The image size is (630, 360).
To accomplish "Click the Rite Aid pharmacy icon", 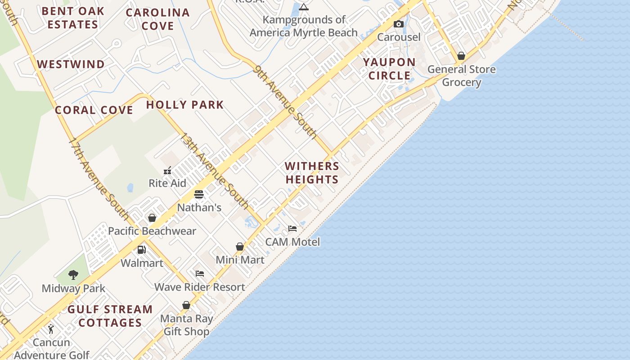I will (x=167, y=171).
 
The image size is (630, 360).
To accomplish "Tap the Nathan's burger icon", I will (x=199, y=194).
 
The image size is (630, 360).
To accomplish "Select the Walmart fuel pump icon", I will (x=142, y=250).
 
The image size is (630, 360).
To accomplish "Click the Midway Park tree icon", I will (x=73, y=274).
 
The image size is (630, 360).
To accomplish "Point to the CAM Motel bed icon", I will (x=292, y=229).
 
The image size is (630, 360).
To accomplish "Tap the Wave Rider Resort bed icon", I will (x=200, y=274).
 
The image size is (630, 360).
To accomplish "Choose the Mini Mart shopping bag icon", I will (x=240, y=247).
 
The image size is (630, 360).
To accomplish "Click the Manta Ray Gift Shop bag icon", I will (x=186, y=305).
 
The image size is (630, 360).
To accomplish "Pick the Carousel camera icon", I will (x=398, y=24).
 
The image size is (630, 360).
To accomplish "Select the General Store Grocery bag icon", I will (x=461, y=56).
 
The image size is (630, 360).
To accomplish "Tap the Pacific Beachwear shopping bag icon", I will (x=152, y=218).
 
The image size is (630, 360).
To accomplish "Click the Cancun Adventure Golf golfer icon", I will (x=51, y=329).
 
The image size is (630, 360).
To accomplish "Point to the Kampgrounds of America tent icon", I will (x=304, y=7).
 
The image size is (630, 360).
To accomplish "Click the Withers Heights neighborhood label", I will (x=312, y=173).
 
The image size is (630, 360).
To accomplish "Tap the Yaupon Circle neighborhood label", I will (x=389, y=69).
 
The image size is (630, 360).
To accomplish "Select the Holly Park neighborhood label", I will (x=185, y=105).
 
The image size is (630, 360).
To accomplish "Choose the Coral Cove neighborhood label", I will (x=94, y=110).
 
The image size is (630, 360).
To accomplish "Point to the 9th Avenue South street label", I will (x=285, y=101).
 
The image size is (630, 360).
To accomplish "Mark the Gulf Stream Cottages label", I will (x=110, y=316).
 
